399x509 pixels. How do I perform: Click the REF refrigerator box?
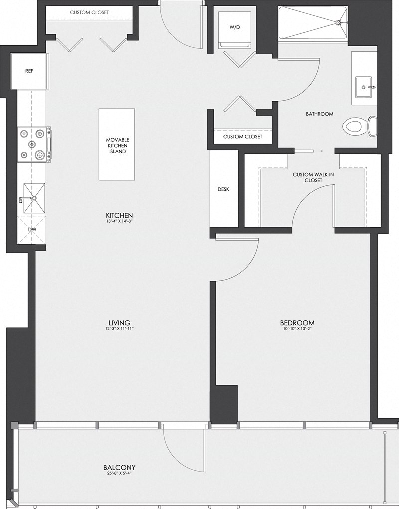click(29, 71)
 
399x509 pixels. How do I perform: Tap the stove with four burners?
click(34, 144)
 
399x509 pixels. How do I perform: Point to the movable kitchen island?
click(116, 145)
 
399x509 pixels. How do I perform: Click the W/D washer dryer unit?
click(234, 28)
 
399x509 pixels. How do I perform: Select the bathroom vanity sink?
click(364, 87)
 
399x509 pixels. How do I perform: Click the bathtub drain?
click(339, 22)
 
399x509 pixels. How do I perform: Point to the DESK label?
click(223, 189)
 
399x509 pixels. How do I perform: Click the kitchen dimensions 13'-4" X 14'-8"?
click(120, 221)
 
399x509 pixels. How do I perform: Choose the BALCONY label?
click(119, 468)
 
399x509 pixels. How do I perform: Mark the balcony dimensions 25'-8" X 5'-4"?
click(119, 474)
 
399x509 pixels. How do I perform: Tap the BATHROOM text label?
click(319, 114)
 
